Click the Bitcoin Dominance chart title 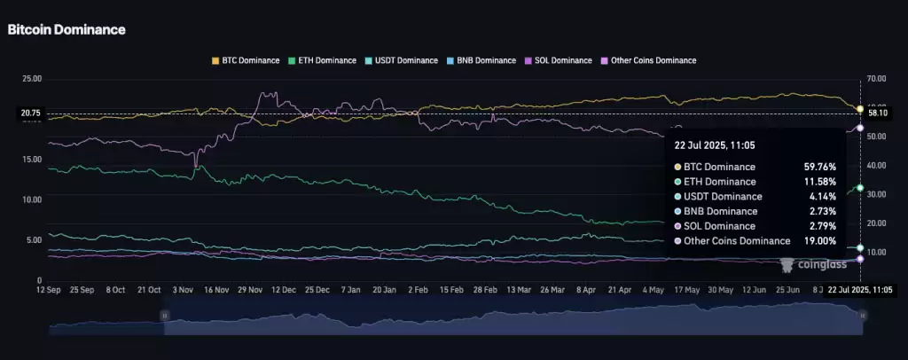pyautogui.click(x=67, y=29)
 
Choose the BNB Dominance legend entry pyautogui.click(x=481, y=60)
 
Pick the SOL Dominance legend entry pyautogui.click(x=558, y=60)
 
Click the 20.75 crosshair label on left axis pyautogui.click(x=31, y=113)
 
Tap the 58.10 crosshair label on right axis pyautogui.click(x=878, y=113)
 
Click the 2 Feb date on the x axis pyautogui.click(x=418, y=290)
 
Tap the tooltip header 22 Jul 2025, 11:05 pyautogui.click(x=715, y=145)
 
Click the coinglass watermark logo pyautogui.click(x=814, y=263)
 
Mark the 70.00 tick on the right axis pyautogui.click(x=878, y=79)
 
